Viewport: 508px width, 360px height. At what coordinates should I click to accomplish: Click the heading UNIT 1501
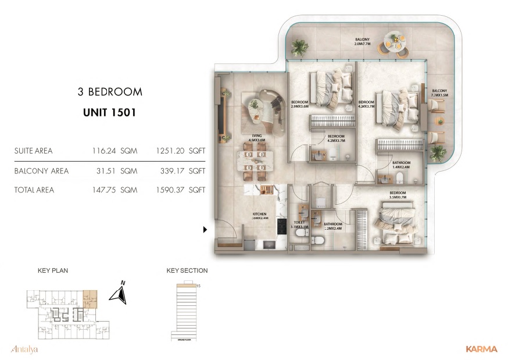(x=110, y=112)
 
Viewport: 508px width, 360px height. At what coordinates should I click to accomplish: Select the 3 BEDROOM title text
(x=110, y=92)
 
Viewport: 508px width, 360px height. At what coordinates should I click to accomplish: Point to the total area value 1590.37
(x=170, y=190)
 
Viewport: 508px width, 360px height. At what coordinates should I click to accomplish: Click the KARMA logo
(x=481, y=349)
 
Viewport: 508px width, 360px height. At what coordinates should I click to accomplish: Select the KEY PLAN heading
(x=52, y=270)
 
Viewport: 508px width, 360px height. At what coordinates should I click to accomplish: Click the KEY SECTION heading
(x=187, y=270)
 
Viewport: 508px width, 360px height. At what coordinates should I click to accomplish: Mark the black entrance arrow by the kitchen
(x=205, y=230)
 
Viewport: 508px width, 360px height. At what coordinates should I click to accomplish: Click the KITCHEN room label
(x=259, y=216)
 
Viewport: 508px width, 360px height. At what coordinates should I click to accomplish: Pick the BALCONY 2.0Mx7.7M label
(x=363, y=42)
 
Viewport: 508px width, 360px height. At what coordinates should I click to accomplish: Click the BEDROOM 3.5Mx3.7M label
(x=397, y=194)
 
